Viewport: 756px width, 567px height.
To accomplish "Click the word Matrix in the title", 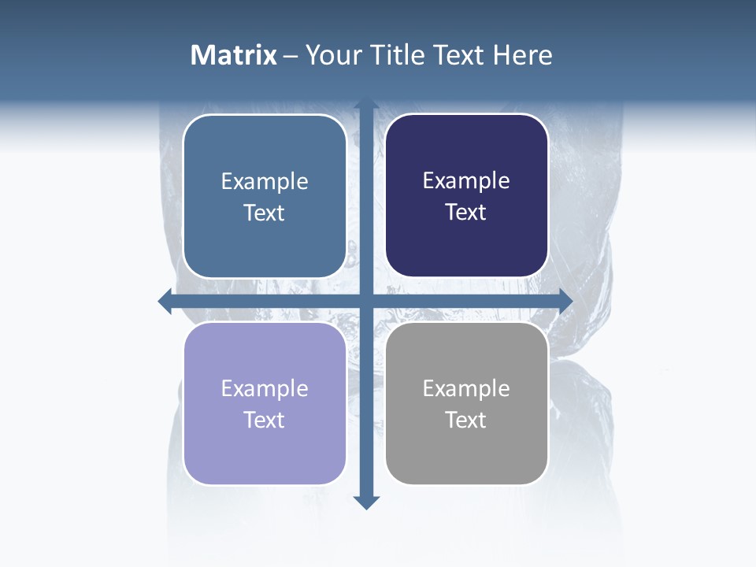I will click(x=234, y=55).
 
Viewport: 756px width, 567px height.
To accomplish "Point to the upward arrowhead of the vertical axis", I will click(x=366, y=105).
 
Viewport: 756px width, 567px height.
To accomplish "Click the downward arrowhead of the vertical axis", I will click(x=366, y=502).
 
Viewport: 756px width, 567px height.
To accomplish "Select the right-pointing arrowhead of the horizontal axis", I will click(x=565, y=301).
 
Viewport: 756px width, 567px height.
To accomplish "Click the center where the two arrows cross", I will click(x=366, y=301).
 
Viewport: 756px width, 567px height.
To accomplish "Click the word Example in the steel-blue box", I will click(x=265, y=182).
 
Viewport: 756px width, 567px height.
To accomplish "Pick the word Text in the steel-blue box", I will click(x=265, y=213).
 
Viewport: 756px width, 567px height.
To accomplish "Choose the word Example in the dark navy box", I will click(x=466, y=181).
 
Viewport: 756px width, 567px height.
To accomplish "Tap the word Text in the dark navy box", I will click(x=466, y=213).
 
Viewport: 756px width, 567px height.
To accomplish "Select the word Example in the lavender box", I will click(x=265, y=389).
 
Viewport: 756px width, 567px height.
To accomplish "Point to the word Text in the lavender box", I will click(x=265, y=421).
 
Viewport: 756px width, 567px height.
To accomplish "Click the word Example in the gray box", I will click(x=466, y=389).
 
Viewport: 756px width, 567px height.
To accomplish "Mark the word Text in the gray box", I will click(x=466, y=421).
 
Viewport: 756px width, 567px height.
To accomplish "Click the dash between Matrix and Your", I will click(x=291, y=56).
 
